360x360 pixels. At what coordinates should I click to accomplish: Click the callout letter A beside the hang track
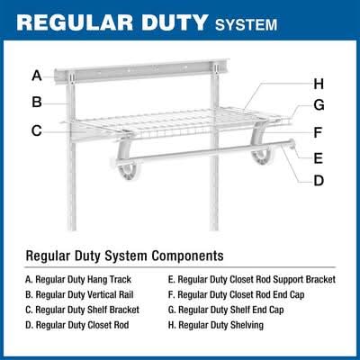37,76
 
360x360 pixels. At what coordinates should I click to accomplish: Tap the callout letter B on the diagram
37,102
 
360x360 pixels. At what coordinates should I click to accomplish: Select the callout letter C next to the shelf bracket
37,130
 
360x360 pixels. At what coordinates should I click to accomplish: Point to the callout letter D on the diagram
319,181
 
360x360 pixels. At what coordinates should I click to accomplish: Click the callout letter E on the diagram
319,158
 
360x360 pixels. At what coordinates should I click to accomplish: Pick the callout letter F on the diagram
318,132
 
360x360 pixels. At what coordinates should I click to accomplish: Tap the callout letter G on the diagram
319,105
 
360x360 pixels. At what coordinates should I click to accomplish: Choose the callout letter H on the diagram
319,84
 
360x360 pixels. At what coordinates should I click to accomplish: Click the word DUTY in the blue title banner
175,22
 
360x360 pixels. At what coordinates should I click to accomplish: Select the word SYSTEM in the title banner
246,24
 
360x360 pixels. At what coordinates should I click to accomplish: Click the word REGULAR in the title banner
75,22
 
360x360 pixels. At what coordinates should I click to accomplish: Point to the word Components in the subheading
187,256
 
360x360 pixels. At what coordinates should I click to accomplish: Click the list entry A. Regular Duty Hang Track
78,280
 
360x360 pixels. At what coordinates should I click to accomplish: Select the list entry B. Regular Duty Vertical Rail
79,294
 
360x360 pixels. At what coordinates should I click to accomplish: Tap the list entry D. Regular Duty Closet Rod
77,325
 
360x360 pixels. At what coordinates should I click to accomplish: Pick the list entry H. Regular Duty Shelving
216,325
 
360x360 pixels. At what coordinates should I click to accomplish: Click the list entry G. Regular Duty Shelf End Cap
226,310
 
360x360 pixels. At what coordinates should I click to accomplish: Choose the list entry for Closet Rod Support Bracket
252,280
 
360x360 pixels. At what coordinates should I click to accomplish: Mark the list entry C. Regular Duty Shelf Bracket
83,310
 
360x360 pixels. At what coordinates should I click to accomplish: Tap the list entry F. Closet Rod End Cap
237,294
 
